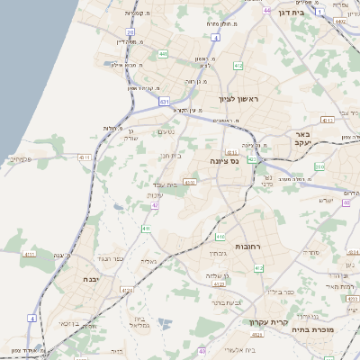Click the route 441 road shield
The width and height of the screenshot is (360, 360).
pos(163,54)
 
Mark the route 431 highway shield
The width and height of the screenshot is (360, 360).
pos(164,102)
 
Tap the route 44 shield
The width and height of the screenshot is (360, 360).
pos(267,10)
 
